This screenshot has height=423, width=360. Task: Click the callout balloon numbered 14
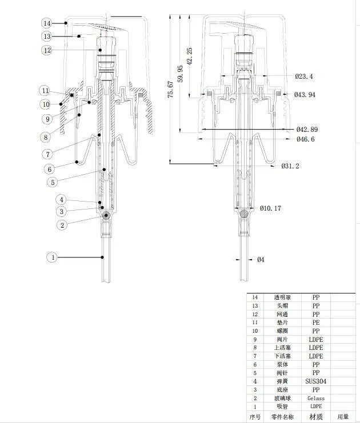[x=47, y=23]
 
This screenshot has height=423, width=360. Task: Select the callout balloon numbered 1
[x=53, y=257]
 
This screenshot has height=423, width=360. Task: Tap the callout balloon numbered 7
[x=48, y=154]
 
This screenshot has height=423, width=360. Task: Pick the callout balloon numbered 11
[x=45, y=91]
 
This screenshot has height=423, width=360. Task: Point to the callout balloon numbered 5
[x=53, y=182]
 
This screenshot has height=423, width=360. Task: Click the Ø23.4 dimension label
[x=304, y=76]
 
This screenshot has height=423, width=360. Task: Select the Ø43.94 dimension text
[x=305, y=95]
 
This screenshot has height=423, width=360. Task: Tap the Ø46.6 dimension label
[x=306, y=139]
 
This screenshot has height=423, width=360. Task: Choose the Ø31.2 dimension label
[x=290, y=166]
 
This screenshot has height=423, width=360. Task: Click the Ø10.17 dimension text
[x=270, y=208]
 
